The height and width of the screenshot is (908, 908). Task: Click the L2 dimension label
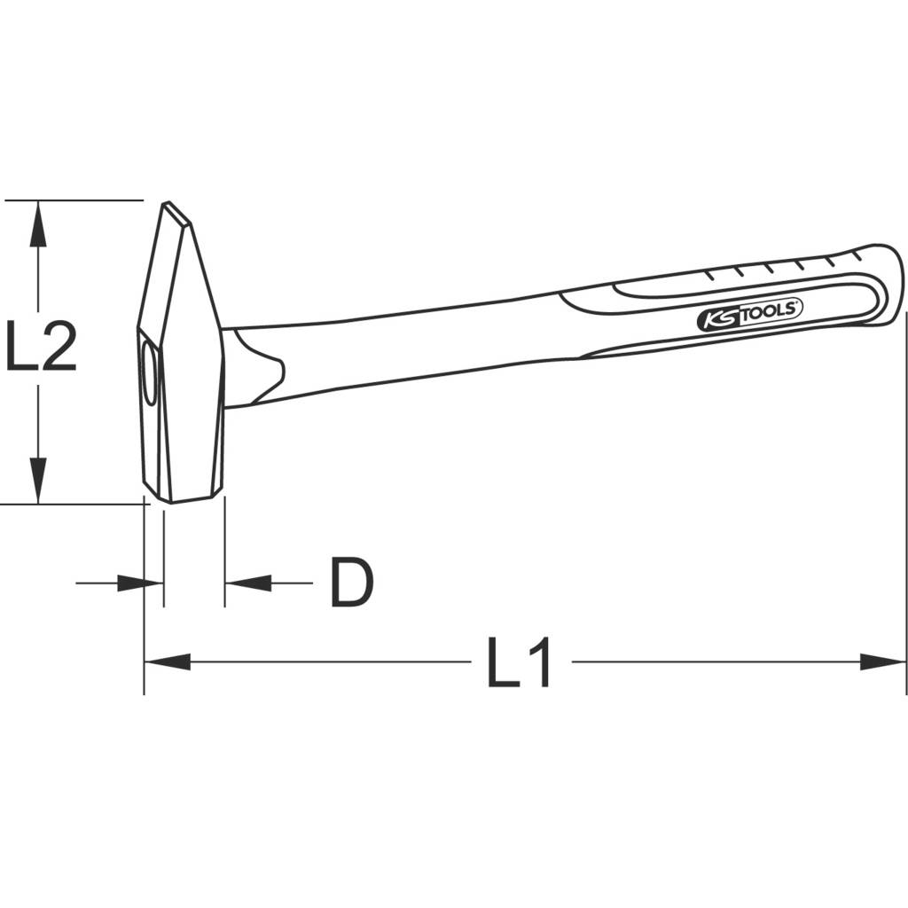click(41, 347)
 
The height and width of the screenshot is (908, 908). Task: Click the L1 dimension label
click(520, 662)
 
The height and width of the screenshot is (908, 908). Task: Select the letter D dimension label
click(352, 583)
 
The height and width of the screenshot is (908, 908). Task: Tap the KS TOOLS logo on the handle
click(748, 315)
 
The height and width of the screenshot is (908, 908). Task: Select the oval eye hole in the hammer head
click(148, 376)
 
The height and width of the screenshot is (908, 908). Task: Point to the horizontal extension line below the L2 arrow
click(71, 505)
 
